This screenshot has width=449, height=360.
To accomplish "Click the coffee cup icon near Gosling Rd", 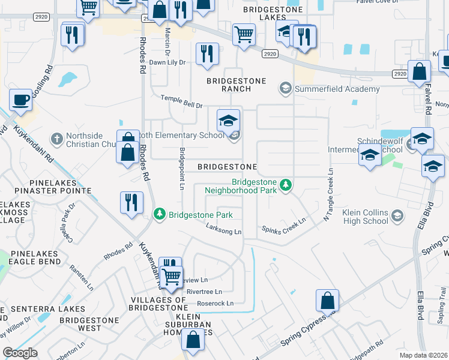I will click(x=21, y=100).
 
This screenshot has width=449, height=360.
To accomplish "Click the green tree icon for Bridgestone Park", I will click(x=159, y=214).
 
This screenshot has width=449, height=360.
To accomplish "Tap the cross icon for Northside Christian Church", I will click(x=56, y=139).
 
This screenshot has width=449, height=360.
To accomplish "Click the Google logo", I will click(x=20, y=353).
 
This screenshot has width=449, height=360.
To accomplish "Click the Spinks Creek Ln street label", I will click(x=284, y=228).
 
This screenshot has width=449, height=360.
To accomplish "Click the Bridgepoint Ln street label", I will click(x=181, y=170).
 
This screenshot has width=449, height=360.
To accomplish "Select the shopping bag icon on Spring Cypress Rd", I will click(x=327, y=300).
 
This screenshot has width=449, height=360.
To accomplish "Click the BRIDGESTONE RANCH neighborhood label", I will click(x=228, y=85).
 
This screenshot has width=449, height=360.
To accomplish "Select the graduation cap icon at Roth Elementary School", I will click(x=228, y=121).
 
